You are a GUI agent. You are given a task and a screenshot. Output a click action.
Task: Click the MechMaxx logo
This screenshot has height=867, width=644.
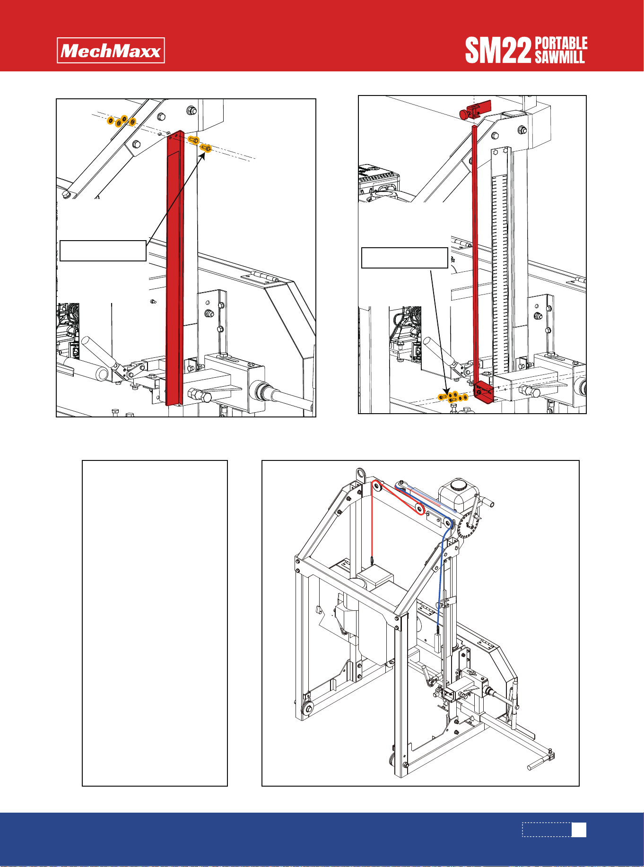coord(111,51)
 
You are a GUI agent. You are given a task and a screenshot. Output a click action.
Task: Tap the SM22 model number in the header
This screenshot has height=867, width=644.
coord(498,51)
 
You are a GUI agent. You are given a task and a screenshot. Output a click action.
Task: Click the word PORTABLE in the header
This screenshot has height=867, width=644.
coord(561,43)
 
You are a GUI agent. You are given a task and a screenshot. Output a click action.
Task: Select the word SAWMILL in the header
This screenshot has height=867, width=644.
coord(560,57)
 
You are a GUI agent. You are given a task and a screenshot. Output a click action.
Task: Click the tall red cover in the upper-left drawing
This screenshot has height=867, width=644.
coord(174,268)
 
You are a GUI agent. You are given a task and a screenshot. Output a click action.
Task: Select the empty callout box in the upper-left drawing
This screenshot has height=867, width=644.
coord(103,251)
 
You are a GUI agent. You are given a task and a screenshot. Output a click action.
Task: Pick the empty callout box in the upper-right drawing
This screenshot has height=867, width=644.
coord(405,258)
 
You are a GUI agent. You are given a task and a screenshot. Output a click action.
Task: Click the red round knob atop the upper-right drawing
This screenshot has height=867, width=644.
coord(463,114)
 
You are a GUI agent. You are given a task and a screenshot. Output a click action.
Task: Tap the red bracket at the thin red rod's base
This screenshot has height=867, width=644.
coord(483,392)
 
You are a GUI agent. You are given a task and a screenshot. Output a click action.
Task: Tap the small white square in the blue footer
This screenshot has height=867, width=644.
coord(579,830)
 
